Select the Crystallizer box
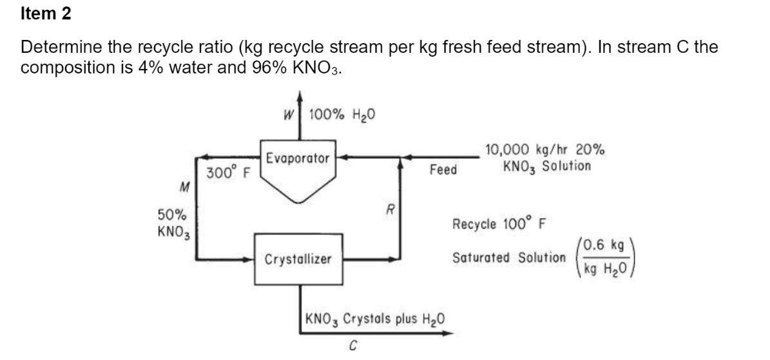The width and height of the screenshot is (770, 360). pos(298,259)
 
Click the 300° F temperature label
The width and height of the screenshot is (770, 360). pos(228,173)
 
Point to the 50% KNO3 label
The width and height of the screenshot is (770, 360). pos(173,222)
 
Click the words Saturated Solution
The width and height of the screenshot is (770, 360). pos(508,258)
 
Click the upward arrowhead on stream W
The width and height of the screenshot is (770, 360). pos(300,97)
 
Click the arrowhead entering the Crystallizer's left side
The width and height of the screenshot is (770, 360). pos(250,260)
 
